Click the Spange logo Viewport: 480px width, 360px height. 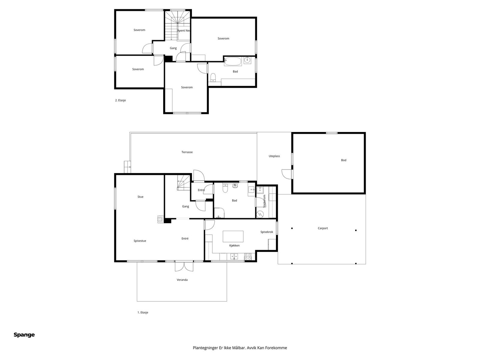click(24, 334)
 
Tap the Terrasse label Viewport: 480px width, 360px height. click(187, 152)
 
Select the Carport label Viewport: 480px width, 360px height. click(322, 228)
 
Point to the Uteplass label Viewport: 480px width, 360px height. click(274, 156)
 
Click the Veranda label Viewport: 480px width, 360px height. click(182, 280)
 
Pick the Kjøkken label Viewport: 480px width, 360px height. click(234, 246)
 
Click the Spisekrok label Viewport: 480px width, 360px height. click(267, 232)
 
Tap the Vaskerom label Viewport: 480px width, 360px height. click(264, 201)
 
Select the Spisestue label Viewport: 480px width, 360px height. click(140, 241)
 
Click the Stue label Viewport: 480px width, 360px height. click(140, 197)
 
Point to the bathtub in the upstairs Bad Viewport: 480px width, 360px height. click(233, 61)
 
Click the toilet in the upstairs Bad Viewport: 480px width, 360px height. click(213, 78)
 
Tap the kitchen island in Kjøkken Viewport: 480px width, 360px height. click(233, 236)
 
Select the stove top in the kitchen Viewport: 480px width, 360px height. click(248, 256)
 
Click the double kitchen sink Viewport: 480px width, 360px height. click(234, 256)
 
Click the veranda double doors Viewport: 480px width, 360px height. click(184, 266)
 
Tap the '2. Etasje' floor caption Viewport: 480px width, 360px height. click(121, 100)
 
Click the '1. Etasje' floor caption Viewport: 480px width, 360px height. click(143, 313)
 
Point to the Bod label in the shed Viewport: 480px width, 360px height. click(343, 160)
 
